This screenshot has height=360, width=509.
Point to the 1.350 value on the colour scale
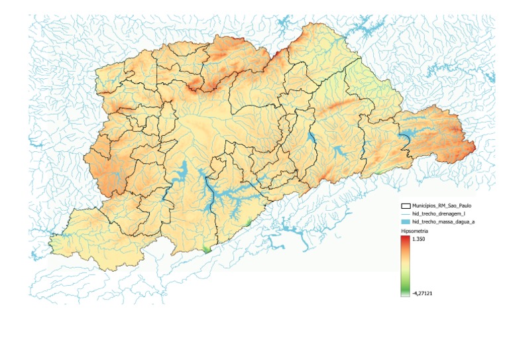tap(418, 238)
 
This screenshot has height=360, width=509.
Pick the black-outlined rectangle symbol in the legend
tap(406, 207)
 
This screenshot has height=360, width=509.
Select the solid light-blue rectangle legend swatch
tap(406, 222)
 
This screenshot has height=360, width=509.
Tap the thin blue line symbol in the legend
tap(406, 214)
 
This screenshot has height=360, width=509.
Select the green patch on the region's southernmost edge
tap(206, 249)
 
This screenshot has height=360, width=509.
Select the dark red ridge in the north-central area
tap(194, 85)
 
